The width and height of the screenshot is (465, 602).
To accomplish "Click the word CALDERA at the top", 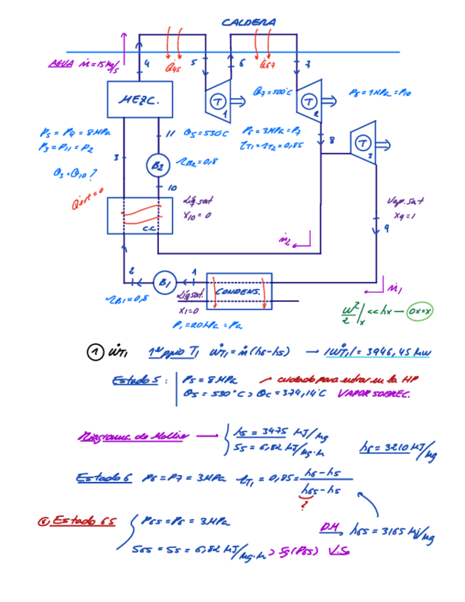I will click(x=248, y=23).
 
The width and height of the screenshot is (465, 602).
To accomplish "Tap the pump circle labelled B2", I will click(x=158, y=165).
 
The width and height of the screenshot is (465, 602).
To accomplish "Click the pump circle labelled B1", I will click(x=165, y=282).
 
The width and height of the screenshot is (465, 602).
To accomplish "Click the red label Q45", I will click(x=173, y=68).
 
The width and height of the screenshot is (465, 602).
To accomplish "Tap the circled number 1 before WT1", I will click(x=95, y=352).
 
